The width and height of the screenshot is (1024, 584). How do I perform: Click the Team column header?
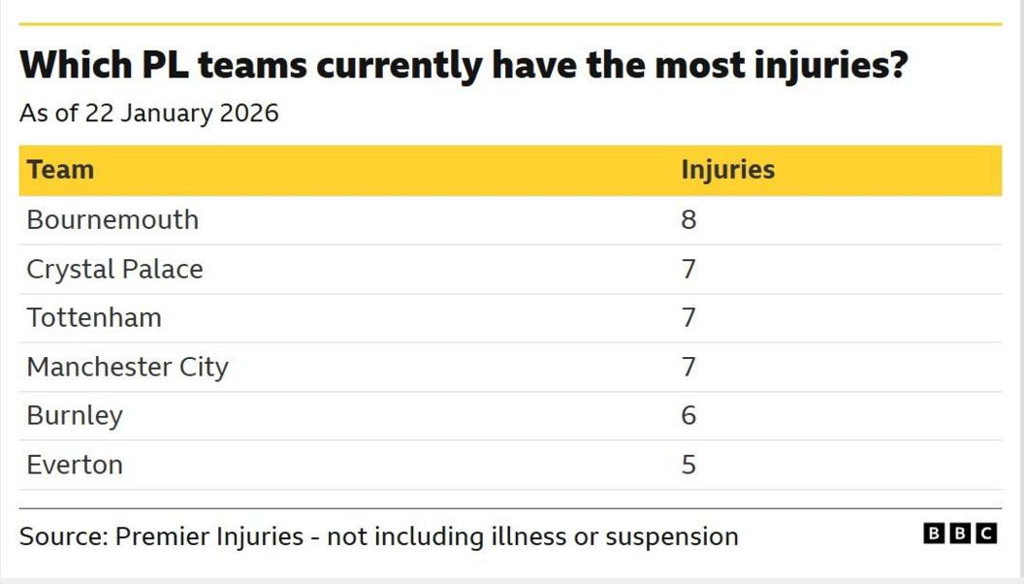coord(60,170)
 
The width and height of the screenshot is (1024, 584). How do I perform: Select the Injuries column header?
coord(727,170)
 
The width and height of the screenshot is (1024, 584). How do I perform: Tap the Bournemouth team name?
coord(112,220)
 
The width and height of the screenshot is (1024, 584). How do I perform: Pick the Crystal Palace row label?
coord(114,269)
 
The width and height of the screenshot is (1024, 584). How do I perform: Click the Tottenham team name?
coord(94,318)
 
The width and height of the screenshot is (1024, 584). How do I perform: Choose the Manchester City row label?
coord(127,368)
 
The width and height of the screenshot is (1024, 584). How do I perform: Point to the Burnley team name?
coord(75,416)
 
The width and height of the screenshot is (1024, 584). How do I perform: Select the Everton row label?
coord(75,465)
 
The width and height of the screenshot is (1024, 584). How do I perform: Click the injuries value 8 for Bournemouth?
coord(688,220)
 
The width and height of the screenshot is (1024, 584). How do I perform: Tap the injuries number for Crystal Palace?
coord(688,269)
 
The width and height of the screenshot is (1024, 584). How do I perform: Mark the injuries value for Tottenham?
coord(688,318)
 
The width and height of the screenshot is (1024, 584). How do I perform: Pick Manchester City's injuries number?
coord(688,368)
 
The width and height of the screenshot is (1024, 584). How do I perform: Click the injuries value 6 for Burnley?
coord(688,416)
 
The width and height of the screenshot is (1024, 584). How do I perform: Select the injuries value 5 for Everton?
coord(688,465)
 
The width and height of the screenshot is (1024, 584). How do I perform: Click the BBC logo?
coord(959,534)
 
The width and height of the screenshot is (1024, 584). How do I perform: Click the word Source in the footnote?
coord(62,536)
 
